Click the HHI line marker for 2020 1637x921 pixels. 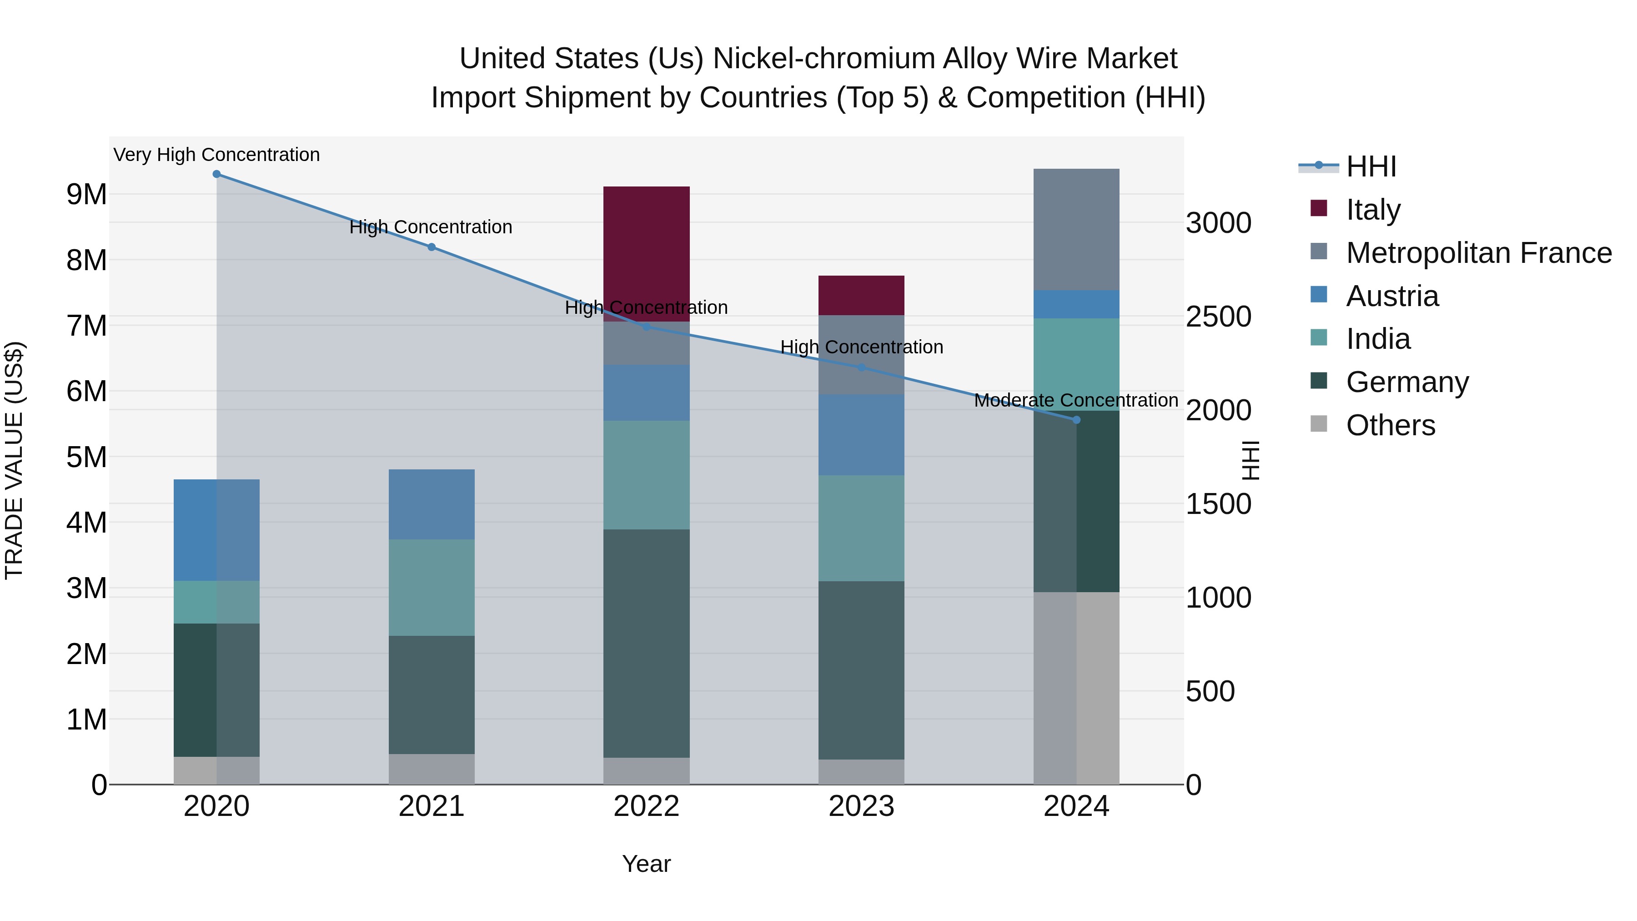coord(217,174)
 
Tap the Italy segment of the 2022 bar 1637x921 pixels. coord(646,254)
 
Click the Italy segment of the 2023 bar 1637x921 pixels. coord(861,296)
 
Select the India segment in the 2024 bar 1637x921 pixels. coord(1076,364)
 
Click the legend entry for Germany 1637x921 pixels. coord(1407,382)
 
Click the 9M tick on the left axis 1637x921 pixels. coord(87,195)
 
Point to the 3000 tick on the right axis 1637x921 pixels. coord(1218,224)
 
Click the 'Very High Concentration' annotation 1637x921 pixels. coord(217,155)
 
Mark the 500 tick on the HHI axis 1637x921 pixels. coord(1210,691)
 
